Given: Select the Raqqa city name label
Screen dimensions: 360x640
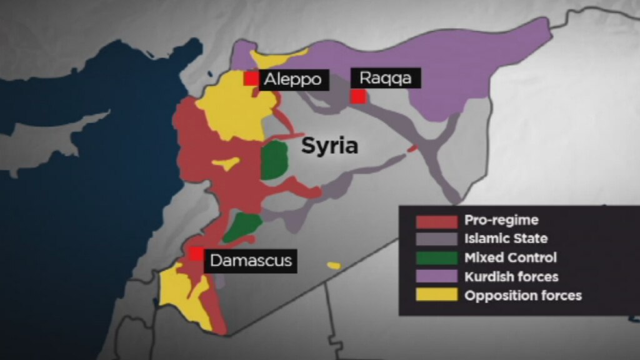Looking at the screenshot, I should [386, 78].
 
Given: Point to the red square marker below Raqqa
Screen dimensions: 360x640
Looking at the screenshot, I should [358, 96].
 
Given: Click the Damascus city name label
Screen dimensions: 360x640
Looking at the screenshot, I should [251, 260].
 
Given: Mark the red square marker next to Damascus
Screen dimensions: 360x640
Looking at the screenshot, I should [196, 254].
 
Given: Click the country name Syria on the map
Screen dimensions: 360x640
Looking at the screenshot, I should [330, 146].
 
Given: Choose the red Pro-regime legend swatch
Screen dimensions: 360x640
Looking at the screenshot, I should [437, 221].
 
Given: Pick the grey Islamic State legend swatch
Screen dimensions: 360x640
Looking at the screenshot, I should [437, 239].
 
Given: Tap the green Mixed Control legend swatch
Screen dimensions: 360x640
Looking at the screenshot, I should [437, 257].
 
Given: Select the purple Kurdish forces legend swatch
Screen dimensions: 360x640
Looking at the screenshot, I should [437, 276].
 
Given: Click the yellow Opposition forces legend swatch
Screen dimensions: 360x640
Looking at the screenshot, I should [437, 295].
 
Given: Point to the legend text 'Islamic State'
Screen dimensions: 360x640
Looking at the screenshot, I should [506, 238].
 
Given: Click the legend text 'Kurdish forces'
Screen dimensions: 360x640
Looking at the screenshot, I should [511, 276].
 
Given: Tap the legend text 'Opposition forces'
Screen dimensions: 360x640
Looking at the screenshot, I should [523, 295].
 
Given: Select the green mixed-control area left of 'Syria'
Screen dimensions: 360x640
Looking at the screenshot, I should [274, 161].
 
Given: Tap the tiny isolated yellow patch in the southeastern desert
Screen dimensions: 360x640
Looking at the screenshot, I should [334, 266].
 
